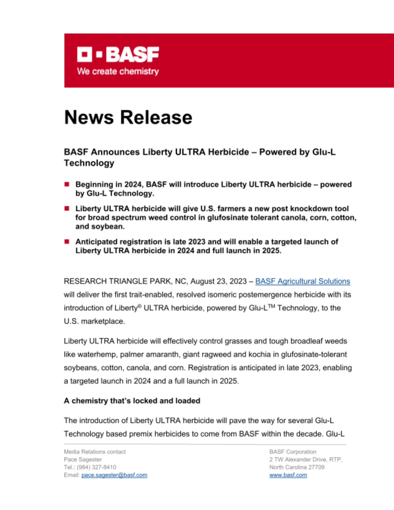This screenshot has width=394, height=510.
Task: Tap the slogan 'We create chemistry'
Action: point(118,71)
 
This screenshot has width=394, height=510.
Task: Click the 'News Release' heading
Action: point(128,117)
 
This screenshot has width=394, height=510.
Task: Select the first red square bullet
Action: point(67,184)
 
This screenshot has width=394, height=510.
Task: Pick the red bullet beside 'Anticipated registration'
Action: point(67,241)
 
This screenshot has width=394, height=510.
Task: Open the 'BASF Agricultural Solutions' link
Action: point(302,281)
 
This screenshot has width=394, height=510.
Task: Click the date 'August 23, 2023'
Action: point(218,281)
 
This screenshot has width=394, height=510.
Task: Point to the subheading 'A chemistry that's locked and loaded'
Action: point(132,401)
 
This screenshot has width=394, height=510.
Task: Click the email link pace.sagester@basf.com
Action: point(114,475)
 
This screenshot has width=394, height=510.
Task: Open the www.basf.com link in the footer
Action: point(288,475)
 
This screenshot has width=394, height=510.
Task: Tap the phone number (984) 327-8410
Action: point(96,467)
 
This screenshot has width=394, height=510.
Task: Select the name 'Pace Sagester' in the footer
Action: point(83,460)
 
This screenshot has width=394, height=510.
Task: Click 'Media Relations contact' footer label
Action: point(95,452)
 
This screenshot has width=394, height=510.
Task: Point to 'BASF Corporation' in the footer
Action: point(293,452)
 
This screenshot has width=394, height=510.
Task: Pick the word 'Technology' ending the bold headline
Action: point(89,163)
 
